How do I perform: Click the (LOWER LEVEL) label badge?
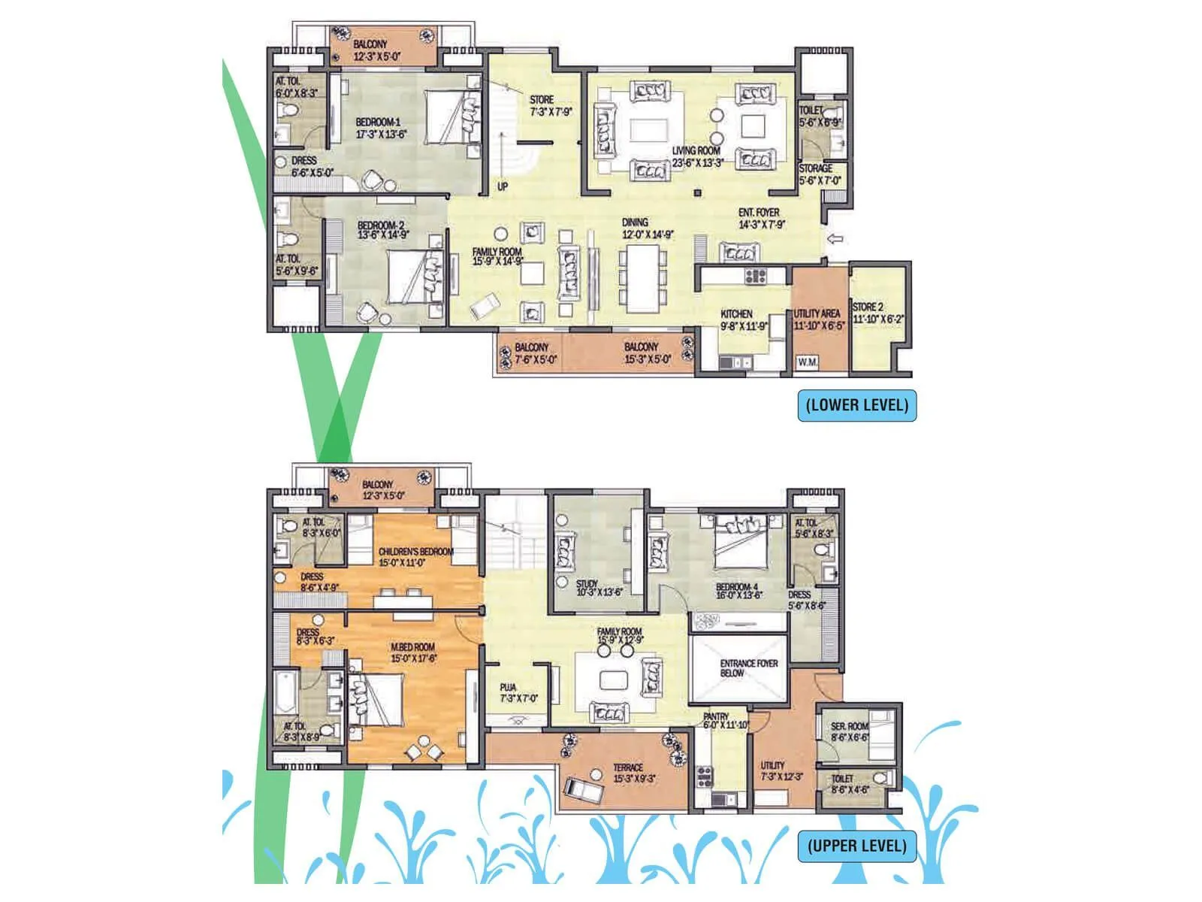coord(856,405)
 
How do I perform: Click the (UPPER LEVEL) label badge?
coord(856,846)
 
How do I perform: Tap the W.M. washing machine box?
coord(808,362)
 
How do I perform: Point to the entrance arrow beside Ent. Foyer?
coord(834,239)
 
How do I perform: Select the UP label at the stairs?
coord(503,186)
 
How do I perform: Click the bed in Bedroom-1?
coord(452,117)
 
